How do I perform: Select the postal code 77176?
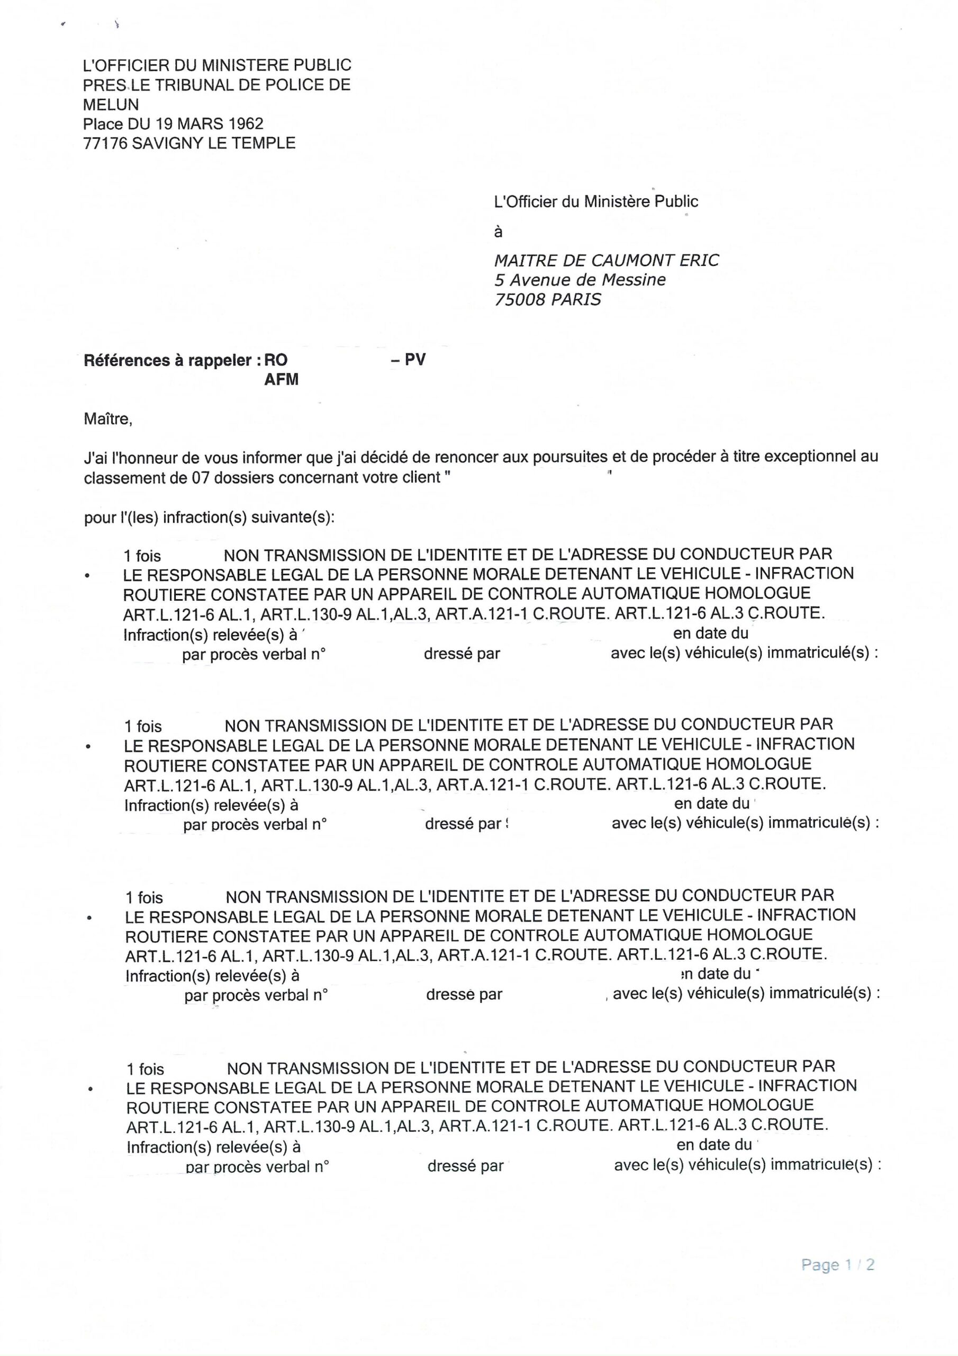pos(105,144)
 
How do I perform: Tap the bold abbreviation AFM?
pos(281,380)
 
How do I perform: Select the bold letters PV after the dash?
pos(415,360)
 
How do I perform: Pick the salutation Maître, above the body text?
pos(108,420)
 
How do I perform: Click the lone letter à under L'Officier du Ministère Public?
pos(498,232)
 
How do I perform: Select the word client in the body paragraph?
pos(421,477)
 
